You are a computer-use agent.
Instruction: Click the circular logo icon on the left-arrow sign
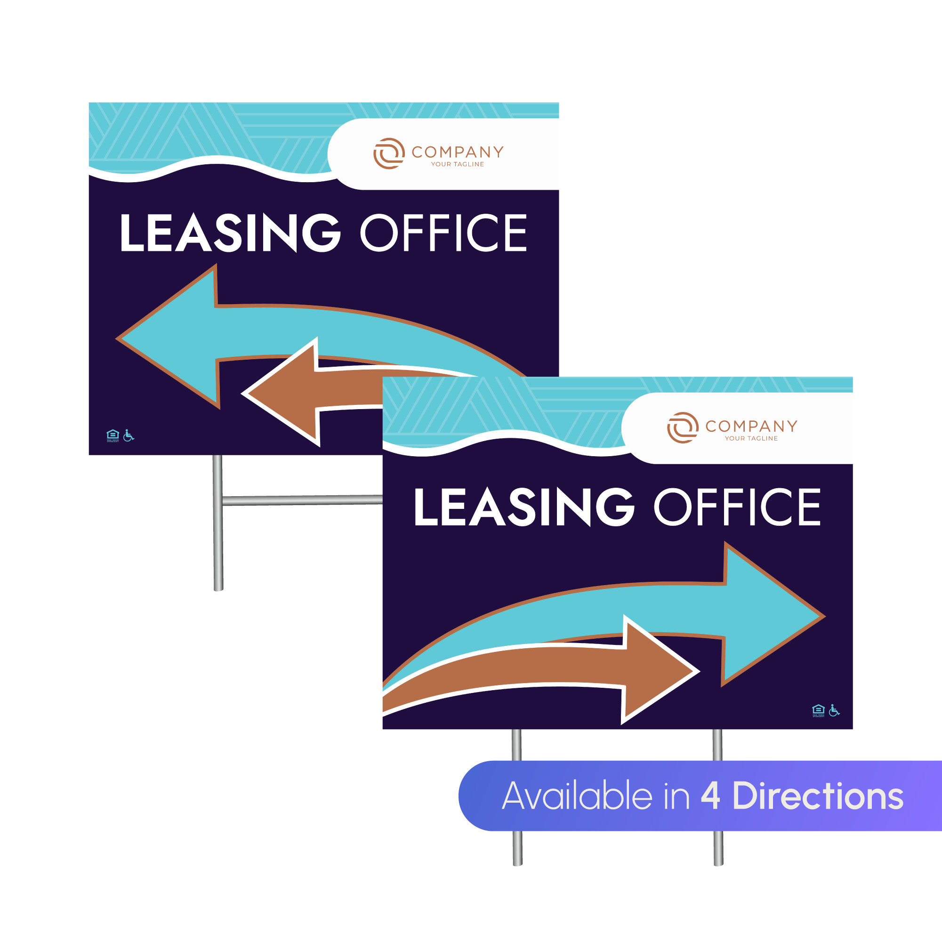point(388,153)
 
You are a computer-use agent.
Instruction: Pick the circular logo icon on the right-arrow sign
point(683,427)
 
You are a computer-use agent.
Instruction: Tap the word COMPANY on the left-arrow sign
point(458,152)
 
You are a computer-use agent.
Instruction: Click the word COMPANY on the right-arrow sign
point(751,426)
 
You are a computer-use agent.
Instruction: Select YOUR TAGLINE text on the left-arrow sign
point(458,164)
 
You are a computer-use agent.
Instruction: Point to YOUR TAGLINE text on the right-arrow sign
point(751,439)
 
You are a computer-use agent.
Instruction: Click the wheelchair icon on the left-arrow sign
point(128,435)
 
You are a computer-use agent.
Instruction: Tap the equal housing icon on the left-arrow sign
point(113,435)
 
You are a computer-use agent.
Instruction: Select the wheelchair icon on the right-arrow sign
point(834,710)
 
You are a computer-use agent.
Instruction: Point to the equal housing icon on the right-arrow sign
point(818,710)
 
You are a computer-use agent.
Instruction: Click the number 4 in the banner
point(710,796)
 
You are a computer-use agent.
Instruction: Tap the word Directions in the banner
point(818,796)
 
